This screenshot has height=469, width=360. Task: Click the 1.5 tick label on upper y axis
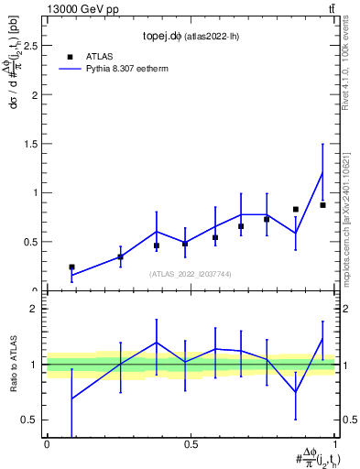[x=29, y=144]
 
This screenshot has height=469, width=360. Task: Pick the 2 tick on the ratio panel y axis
[x=33, y=309]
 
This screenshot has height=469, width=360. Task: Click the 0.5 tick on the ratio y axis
[x=29, y=420]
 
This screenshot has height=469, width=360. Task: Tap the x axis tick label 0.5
[x=191, y=444]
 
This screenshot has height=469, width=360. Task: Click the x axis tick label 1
[x=335, y=444]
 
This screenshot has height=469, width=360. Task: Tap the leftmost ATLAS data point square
[x=71, y=267]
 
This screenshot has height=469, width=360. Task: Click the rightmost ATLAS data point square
[x=322, y=205]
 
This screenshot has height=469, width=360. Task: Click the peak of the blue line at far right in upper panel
[x=322, y=172]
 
